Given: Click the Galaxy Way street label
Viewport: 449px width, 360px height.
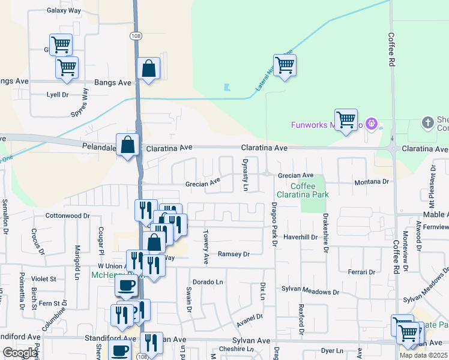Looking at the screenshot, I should [x=64, y=10].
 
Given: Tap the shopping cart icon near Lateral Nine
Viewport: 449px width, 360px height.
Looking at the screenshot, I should [x=285, y=65].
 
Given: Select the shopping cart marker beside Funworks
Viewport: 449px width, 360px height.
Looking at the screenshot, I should [x=346, y=120].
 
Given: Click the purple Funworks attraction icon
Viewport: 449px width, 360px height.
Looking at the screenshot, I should [x=372, y=125].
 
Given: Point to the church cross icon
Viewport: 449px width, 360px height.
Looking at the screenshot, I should [x=427, y=123].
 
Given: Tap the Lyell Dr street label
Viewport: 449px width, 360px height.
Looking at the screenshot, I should [x=58, y=95].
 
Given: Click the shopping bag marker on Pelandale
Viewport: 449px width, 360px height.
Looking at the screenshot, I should [x=128, y=145].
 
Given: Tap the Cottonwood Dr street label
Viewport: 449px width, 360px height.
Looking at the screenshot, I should [x=68, y=215].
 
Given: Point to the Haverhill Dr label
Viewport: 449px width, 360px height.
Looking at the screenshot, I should [x=300, y=237].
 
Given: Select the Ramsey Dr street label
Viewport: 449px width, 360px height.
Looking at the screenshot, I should [x=233, y=254].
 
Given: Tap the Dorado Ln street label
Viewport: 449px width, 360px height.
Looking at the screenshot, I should [x=208, y=281].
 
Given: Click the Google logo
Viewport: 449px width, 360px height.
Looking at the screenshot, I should [x=20, y=353].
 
